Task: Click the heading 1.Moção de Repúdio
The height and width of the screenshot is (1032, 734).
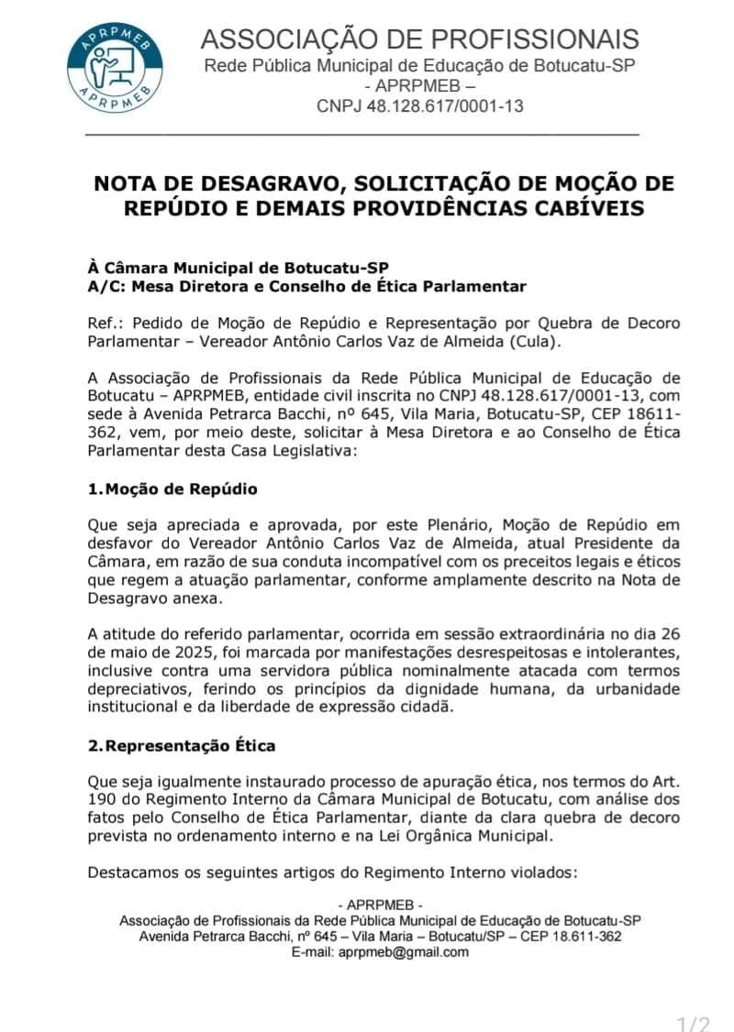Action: [x=172, y=489]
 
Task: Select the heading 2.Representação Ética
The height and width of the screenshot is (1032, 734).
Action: [x=182, y=745]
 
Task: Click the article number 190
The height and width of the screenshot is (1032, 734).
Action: [x=101, y=800]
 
